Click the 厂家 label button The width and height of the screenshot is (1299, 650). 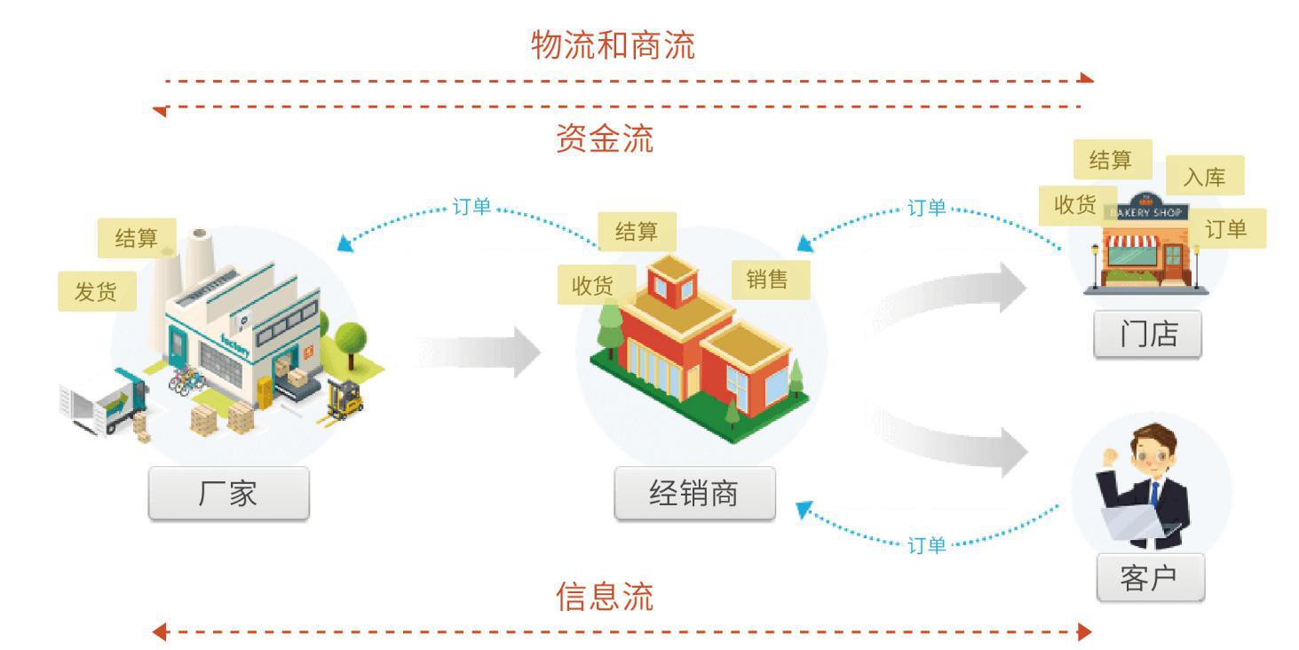coord(228,494)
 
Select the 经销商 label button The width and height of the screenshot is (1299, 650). coord(694,494)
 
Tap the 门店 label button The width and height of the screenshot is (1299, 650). coord(1148,334)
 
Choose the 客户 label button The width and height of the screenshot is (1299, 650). coord(1151,577)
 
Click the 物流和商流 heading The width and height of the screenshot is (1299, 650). coord(613,45)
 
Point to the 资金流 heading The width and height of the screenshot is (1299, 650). coord(605,138)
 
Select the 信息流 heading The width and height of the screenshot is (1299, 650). coord(605,596)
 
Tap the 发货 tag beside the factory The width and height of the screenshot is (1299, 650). coord(97,291)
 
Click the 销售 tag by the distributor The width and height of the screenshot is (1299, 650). coord(770,280)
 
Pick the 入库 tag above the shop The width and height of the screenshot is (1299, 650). coord(1205,176)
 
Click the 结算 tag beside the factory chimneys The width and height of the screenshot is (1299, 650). coord(137,238)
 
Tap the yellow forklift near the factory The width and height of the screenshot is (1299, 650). coord(344,400)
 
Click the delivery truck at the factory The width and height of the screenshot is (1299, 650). coord(105,401)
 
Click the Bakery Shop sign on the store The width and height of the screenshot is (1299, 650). coord(1146,212)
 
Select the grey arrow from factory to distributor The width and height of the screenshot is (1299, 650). coord(479,352)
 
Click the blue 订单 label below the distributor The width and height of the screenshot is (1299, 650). coord(926,545)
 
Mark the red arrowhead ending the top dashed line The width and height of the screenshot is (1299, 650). coord(1086,78)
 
